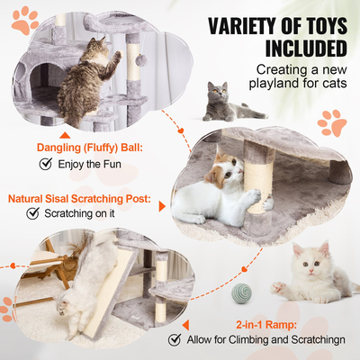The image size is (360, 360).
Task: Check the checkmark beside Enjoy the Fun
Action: pos(45,165)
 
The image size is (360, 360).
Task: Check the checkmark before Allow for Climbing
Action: pos(175,340)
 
